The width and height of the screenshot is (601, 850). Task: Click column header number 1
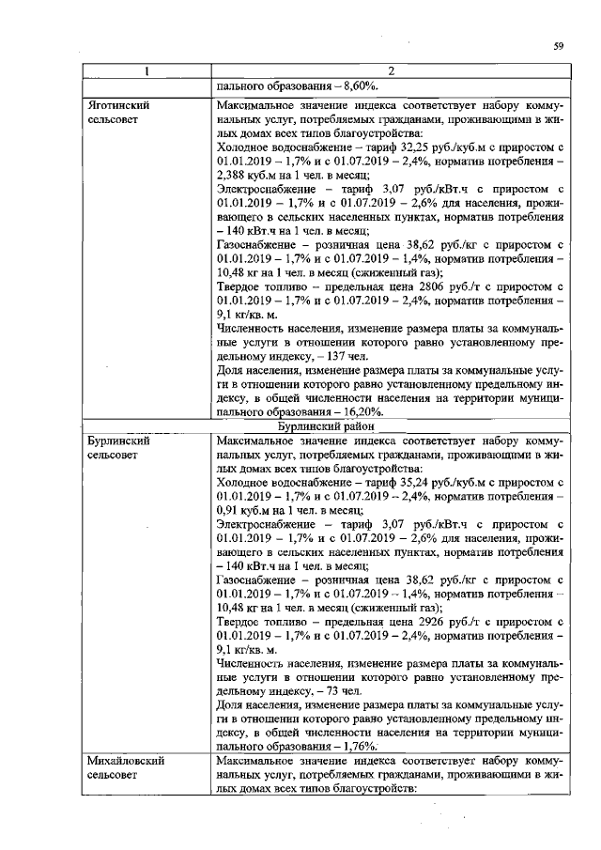[x=146, y=71]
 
